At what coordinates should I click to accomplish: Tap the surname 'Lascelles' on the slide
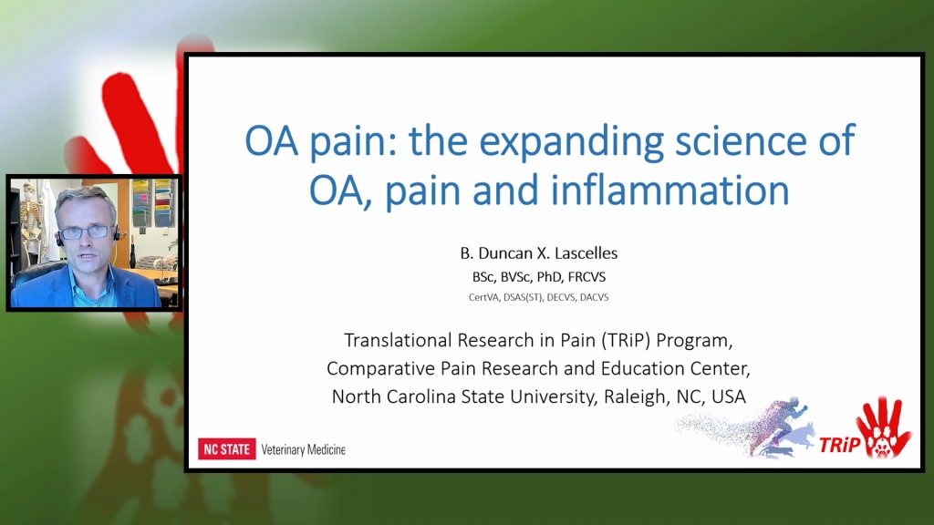(x=586, y=253)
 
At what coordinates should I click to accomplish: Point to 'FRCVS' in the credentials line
(x=586, y=277)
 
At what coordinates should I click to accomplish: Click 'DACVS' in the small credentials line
(x=595, y=297)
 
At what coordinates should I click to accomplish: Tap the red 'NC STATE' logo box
(x=226, y=448)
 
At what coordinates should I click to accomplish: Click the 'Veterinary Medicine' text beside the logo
(x=303, y=449)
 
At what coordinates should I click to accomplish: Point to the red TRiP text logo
(x=839, y=445)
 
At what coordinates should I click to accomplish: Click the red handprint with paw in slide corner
(x=883, y=427)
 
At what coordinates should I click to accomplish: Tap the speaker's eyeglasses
(x=87, y=232)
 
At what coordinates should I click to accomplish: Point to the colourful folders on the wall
(x=152, y=202)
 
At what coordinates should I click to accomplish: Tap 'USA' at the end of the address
(x=729, y=396)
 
